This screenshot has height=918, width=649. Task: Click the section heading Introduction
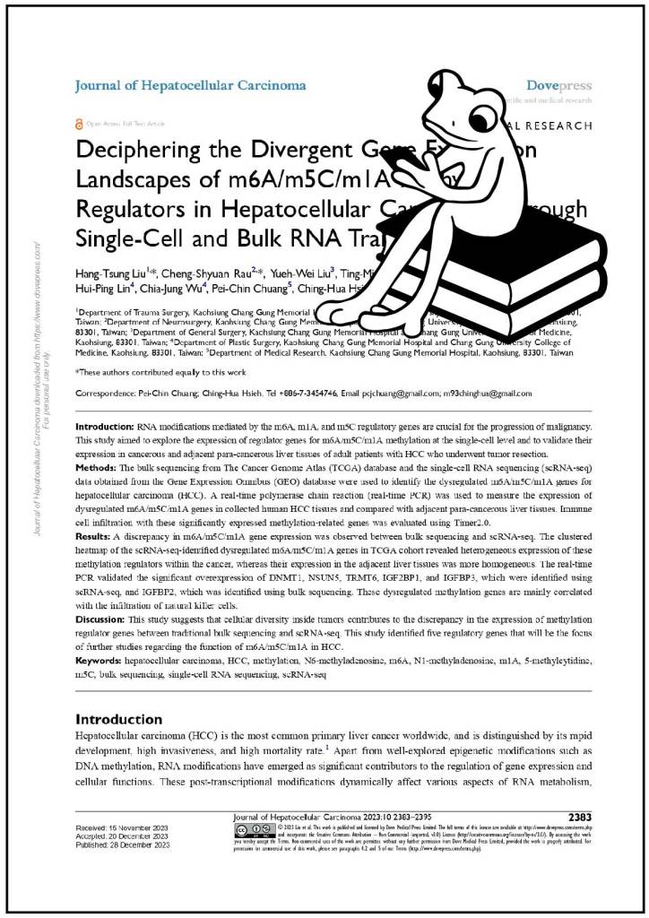[118, 719]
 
